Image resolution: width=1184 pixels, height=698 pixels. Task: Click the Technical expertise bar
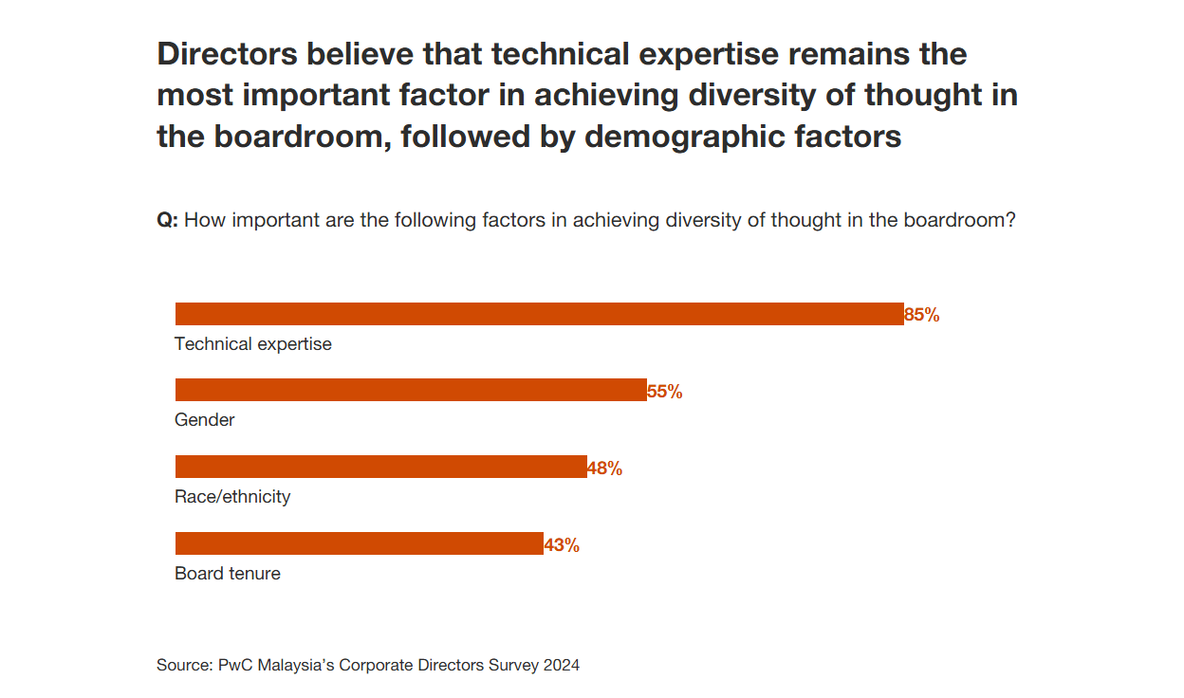pyautogui.click(x=539, y=314)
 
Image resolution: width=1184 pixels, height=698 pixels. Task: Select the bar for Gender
pyautogui.click(x=411, y=390)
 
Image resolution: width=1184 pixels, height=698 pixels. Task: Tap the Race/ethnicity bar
pyautogui.click(x=380, y=467)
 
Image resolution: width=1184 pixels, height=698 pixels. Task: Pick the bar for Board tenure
pyautogui.click(x=359, y=543)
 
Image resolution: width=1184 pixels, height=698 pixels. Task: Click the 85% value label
pyautogui.click(x=922, y=316)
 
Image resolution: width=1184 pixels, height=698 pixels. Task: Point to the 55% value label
pyautogui.click(x=665, y=392)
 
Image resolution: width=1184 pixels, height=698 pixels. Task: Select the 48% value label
pyautogui.click(x=605, y=468)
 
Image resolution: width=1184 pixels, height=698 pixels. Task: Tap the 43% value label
pyautogui.click(x=562, y=545)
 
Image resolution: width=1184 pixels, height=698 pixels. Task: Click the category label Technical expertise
pyautogui.click(x=253, y=344)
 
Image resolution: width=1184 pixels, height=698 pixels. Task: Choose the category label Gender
pyautogui.click(x=205, y=420)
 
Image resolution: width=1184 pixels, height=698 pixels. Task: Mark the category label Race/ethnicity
pyautogui.click(x=232, y=497)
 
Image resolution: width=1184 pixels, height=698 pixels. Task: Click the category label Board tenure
pyautogui.click(x=228, y=574)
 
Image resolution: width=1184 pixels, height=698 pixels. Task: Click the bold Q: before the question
pyautogui.click(x=167, y=220)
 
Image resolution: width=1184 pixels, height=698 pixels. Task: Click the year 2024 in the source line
pyautogui.click(x=562, y=665)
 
